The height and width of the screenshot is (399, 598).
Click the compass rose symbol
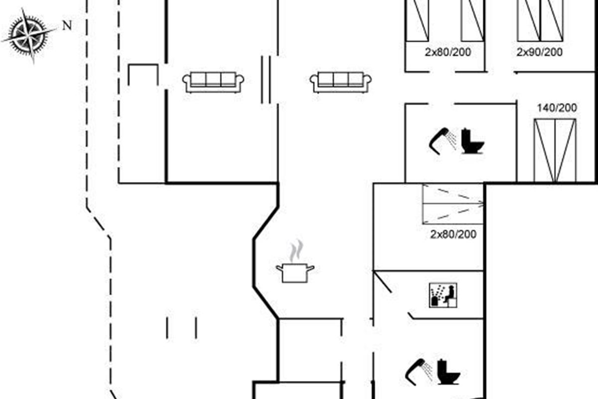[29, 36]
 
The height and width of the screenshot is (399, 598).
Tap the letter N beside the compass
[67, 25]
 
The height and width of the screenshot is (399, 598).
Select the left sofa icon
[213, 82]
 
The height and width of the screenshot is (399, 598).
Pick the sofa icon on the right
[340, 82]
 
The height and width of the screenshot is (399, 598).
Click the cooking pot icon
[295, 273]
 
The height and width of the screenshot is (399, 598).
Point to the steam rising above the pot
[297, 251]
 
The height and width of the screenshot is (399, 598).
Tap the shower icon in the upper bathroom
[443, 141]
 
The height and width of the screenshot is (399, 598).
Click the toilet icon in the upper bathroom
[472, 141]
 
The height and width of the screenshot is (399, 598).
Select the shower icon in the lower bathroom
[418, 372]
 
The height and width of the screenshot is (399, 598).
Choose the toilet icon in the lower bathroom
[448, 372]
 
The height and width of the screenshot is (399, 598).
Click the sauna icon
[443, 295]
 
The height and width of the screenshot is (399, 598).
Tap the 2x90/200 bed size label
[539, 52]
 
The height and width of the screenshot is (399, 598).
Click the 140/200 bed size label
[557, 108]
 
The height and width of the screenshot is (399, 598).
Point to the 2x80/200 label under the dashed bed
[453, 234]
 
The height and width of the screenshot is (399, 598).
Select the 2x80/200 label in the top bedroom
[448, 52]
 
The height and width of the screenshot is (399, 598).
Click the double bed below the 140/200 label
[555, 151]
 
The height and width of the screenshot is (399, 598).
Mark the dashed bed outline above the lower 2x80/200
[453, 204]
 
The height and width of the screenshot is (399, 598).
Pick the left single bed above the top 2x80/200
[418, 21]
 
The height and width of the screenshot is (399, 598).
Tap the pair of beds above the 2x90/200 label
[540, 21]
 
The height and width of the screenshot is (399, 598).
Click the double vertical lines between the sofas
[266, 80]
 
